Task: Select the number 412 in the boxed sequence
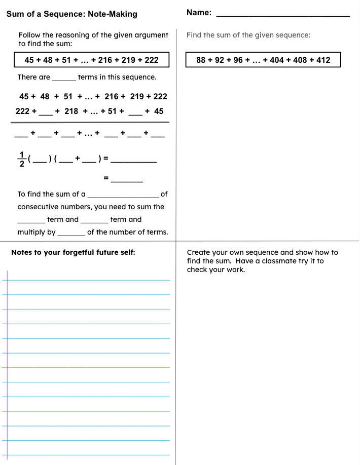click(323, 60)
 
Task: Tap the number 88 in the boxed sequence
click(201, 60)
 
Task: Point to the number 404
click(277, 60)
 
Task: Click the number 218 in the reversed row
click(71, 111)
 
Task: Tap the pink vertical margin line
click(8, 365)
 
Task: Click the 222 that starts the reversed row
click(23, 111)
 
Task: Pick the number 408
click(300, 60)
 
